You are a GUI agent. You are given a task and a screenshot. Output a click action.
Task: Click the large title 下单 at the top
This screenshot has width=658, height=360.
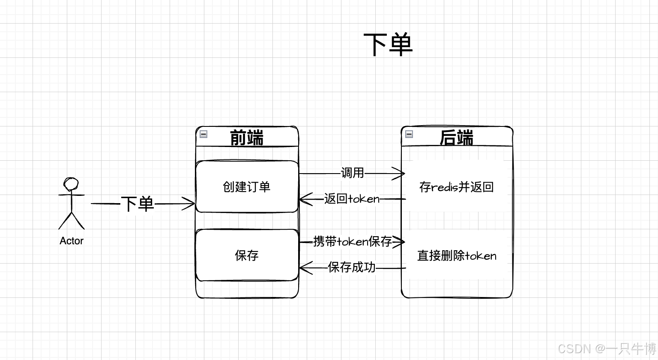click(x=388, y=44)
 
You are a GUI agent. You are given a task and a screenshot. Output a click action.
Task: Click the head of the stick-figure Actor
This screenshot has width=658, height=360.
click(x=71, y=184)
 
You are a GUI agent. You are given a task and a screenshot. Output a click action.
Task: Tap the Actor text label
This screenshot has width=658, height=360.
click(x=71, y=241)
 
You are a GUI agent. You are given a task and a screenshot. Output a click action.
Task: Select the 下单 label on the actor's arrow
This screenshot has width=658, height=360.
click(x=137, y=204)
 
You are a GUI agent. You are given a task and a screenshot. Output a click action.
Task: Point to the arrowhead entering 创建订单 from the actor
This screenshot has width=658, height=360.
click(x=191, y=204)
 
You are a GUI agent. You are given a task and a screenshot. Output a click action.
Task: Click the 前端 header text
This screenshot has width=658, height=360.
click(x=247, y=138)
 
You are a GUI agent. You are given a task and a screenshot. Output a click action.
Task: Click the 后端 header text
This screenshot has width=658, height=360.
click(x=457, y=138)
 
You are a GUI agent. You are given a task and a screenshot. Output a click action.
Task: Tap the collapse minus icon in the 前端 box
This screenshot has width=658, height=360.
click(x=204, y=134)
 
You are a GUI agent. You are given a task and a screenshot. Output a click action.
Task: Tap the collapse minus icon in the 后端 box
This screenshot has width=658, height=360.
click(x=409, y=134)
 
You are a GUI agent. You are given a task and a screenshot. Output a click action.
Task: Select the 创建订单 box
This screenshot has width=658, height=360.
click(x=247, y=186)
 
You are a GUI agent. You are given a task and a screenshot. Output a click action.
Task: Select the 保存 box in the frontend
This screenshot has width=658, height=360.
click(x=247, y=255)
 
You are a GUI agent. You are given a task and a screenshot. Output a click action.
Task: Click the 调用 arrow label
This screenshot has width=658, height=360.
click(x=353, y=173)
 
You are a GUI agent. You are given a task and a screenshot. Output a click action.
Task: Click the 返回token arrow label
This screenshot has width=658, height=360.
click(x=352, y=199)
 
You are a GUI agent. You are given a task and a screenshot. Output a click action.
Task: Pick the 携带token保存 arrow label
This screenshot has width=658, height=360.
click(x=353, y=242)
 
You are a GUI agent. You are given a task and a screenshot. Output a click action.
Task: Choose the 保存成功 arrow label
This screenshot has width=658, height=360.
click(x=352, y=267)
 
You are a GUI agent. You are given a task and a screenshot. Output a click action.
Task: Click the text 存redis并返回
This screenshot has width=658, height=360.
click(x=457, y=187)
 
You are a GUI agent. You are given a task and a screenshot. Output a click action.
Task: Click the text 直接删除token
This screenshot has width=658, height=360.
click(x=457, y=256)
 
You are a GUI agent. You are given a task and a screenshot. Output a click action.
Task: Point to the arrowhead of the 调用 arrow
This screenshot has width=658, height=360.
click(x=401, y=174)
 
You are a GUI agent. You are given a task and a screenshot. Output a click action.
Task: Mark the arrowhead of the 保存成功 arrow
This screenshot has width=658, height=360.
click(x=303, y=268)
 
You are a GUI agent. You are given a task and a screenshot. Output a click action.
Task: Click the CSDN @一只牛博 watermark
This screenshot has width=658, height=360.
click(x=607, y=348)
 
